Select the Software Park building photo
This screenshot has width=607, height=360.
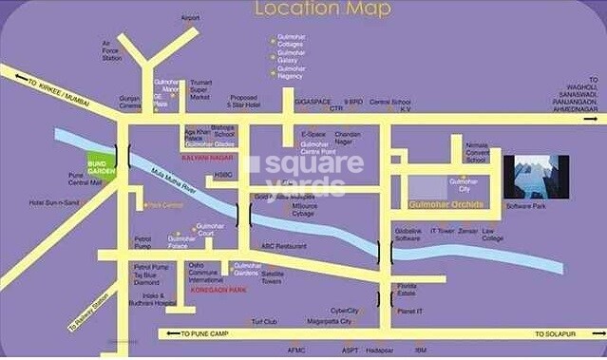535,176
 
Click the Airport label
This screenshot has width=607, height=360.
191,17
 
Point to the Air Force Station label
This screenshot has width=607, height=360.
112,50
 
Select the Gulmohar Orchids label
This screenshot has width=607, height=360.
446,203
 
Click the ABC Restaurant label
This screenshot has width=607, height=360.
281,245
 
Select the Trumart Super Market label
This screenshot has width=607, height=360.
199,90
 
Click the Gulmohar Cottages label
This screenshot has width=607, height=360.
291,40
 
